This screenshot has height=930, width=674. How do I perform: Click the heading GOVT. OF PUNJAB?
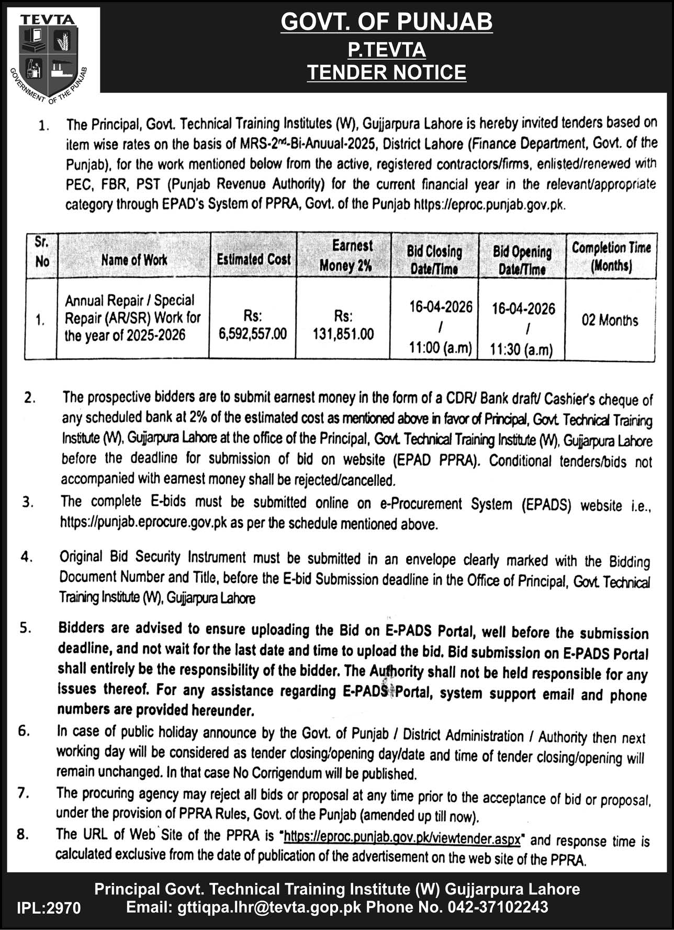tap(387, 22)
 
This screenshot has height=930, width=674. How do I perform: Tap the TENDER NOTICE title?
tap(387, 72)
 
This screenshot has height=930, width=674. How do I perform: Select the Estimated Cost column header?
tap(254, 259)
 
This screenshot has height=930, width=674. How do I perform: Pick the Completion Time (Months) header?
tap(611, 257)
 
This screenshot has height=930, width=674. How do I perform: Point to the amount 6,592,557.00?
tap(254, 334)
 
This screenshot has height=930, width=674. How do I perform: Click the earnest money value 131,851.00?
tap(343, 334)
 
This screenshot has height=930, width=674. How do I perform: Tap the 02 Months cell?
tap(610, 320)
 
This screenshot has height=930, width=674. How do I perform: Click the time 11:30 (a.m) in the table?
tap(521, 350)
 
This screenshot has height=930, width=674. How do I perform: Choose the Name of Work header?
tap(134, 260)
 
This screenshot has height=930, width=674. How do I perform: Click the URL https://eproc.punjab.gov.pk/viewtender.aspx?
tap(402, 838)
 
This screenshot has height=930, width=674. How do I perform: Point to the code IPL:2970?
tap(49, 908)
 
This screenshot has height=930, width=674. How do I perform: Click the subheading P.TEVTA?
tap(387, 50)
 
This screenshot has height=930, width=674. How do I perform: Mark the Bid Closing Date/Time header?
tap(434, 260)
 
